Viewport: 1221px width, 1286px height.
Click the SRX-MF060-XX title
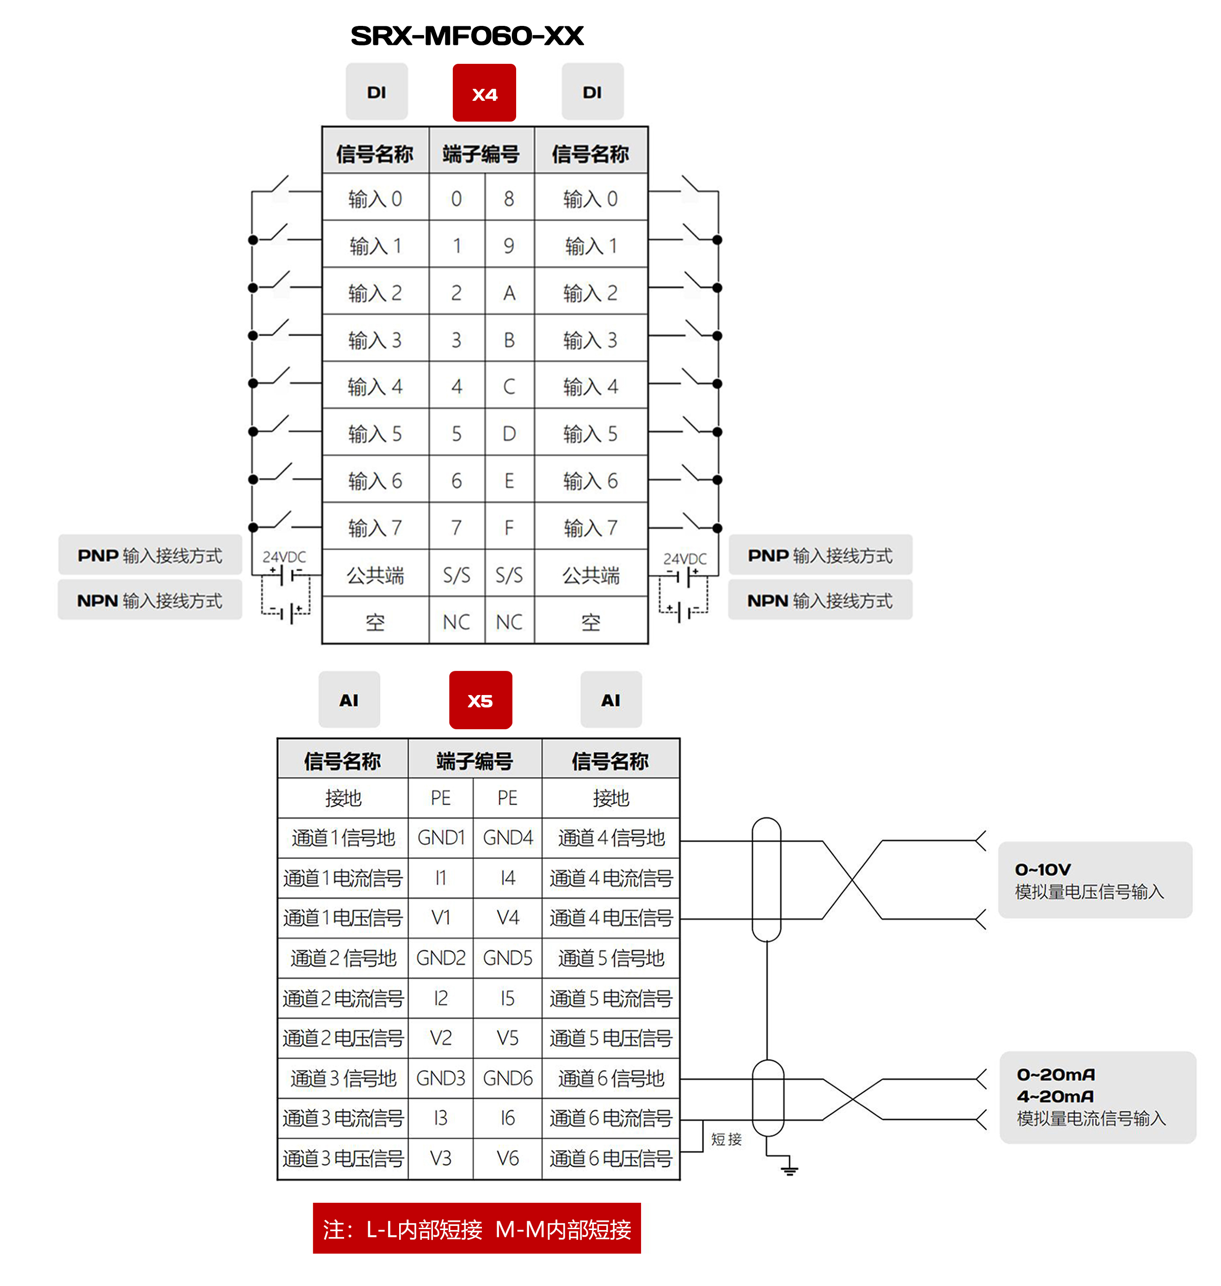(467, 36)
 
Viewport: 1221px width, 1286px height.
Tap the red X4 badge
(484, 93)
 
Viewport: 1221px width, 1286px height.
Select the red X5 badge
(481, 700)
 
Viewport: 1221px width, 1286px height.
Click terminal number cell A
(509, 293)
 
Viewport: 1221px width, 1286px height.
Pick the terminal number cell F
(509, 527)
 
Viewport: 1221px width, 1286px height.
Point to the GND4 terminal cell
(508, 837)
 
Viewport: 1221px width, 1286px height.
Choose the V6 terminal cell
(508, 1158)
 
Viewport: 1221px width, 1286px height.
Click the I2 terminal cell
(441, 998)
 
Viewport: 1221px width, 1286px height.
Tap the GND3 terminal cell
(441, 1078)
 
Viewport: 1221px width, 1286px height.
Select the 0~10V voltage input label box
(1095, 880)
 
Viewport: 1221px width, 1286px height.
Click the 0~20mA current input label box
(1098, 1096)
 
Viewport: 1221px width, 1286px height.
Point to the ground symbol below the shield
(789, 1170)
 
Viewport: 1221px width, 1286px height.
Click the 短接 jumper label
(726, 1139)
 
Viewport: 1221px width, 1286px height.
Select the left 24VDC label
(284, 557)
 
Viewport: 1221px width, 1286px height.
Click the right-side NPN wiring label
(820, 600)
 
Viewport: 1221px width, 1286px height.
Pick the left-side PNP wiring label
(150, 555)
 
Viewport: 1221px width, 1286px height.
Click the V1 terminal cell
(441, 917)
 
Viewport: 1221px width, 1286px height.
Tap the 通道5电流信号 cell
(610, 998)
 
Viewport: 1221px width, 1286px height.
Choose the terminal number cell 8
(509, 198)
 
